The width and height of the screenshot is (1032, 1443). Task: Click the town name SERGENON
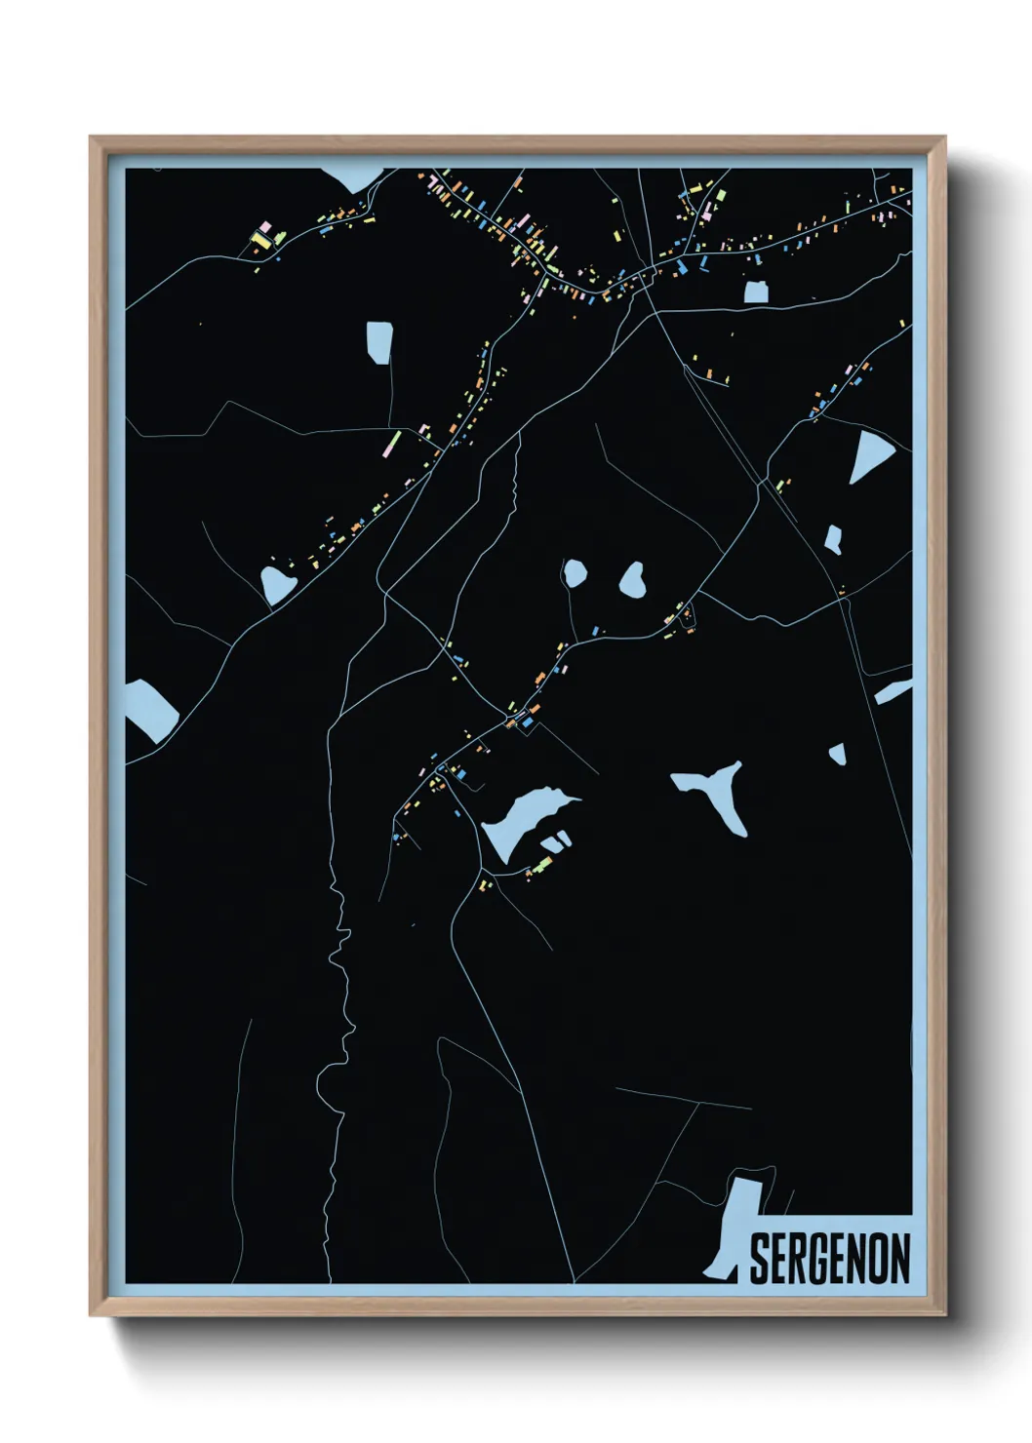[830, 1258]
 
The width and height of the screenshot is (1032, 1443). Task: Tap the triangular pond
[871, 454]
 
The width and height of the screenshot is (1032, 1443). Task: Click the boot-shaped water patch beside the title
[734, 1228]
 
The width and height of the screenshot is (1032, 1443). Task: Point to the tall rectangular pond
[378, 341]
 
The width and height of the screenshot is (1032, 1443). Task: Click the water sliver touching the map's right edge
[893, 692]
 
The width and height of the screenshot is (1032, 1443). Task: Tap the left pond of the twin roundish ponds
[574, 572]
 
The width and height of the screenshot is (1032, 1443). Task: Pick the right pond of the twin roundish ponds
[632, 581]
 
